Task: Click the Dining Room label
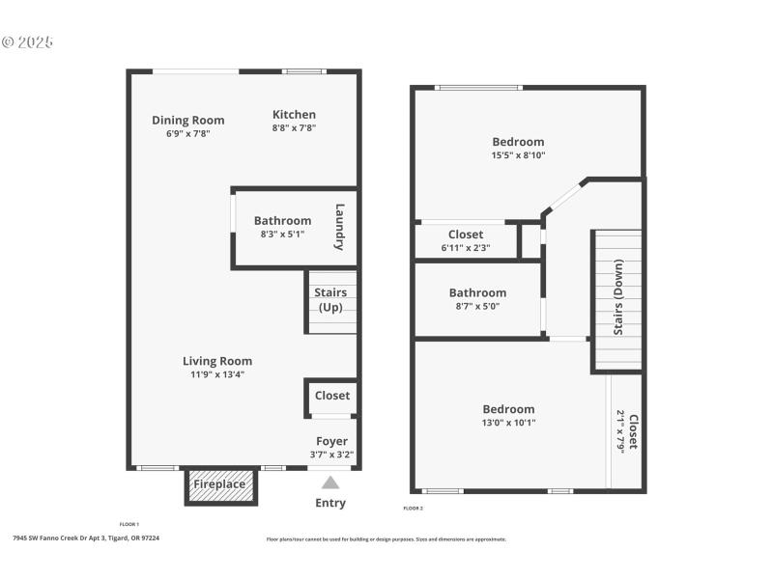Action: coord(188,121)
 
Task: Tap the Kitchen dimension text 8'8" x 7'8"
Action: coord(294,128)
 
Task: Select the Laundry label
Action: coord(340,227)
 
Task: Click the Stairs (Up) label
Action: coord(331,300)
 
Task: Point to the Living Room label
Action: coord(217,361)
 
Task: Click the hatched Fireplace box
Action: coord(220,484)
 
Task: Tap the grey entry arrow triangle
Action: coord(330,482)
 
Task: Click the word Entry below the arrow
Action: coord(330,503)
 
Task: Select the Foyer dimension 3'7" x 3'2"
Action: coord(332,454)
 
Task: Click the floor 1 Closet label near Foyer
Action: coord(332,396)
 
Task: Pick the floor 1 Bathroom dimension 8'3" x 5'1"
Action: coord(282,234)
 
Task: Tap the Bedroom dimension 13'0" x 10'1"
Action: coord(509,422)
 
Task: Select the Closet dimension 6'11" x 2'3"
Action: coord(466,247)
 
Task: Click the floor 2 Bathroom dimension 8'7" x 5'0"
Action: coord(477,306)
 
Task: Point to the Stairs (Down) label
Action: coord(618,298)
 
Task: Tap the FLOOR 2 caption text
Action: coord(413,508)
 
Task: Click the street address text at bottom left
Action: coord(86,538)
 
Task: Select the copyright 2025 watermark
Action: coord(28,42)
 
